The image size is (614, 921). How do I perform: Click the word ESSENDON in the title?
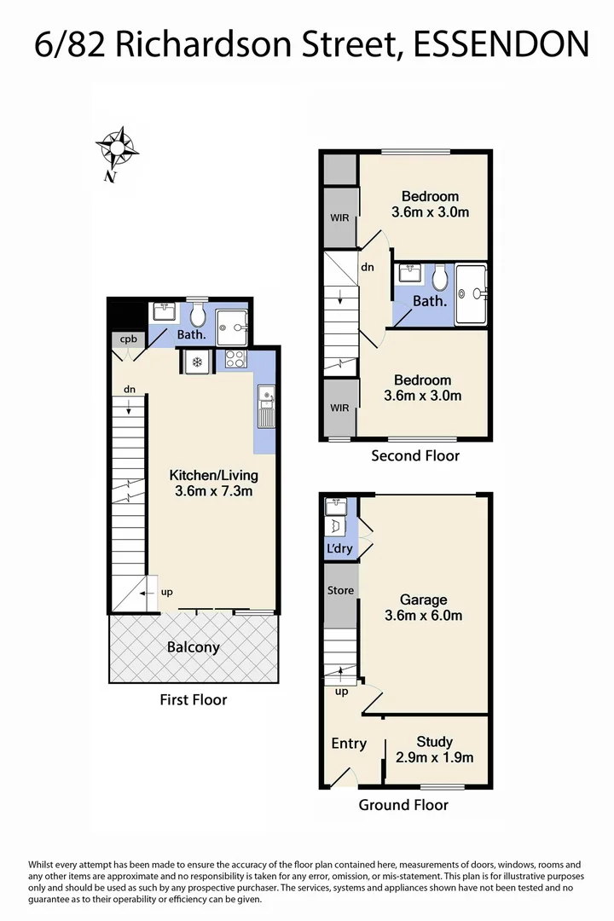[501, 44]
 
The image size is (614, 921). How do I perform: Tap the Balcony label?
[193, 647]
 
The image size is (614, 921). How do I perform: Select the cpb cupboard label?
[128, 339]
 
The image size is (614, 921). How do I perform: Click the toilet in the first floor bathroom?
[197, 316]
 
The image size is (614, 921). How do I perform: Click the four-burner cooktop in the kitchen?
[235, 361]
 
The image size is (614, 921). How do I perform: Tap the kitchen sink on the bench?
[266, 395]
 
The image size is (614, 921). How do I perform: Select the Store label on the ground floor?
[340, 590]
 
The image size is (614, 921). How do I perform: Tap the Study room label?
[434, 742]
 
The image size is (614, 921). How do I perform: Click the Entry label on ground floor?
[348, 744]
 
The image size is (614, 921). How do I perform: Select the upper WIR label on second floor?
[339, 217]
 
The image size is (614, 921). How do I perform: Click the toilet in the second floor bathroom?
[440, 277]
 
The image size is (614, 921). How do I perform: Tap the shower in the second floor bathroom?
[472, 293]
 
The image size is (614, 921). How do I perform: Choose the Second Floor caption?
[415, 455]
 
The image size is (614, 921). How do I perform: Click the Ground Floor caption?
[403, 804]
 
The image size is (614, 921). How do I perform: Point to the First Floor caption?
[193, 699]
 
